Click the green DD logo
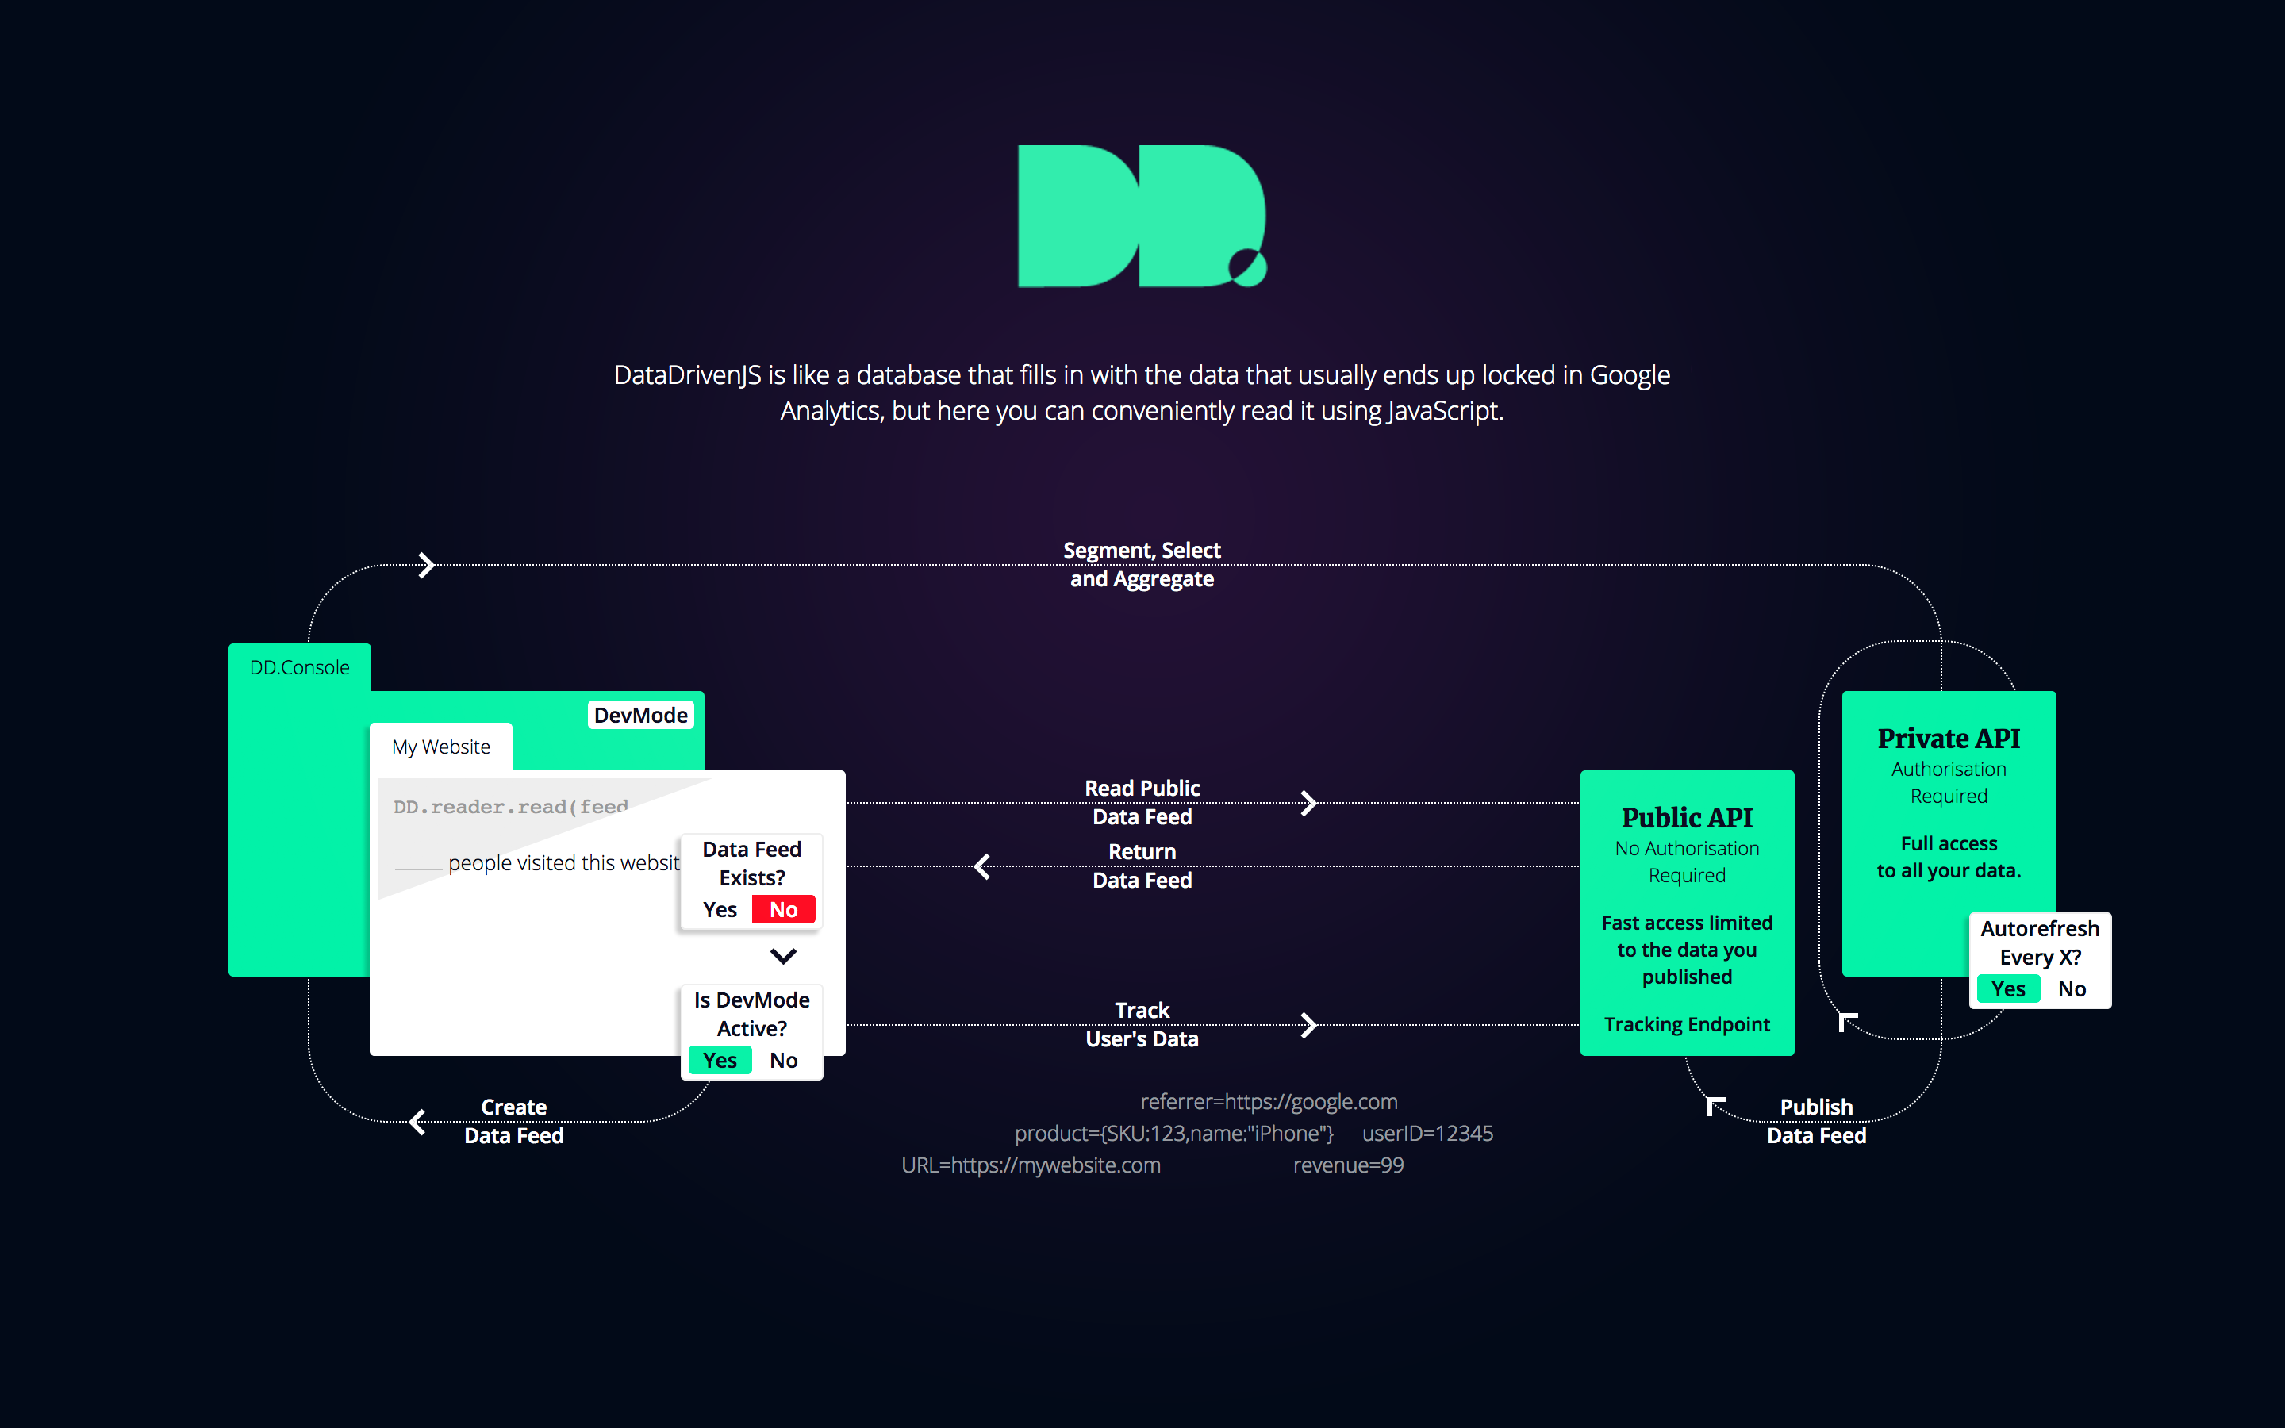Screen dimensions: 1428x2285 point(1141,217)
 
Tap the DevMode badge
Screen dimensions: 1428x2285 point(640,715)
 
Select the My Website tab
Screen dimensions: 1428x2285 point(441,747)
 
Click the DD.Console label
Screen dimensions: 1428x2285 point(299,668)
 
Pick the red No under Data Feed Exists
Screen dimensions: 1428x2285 point(783,909)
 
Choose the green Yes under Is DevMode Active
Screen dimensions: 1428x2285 point(720,1061)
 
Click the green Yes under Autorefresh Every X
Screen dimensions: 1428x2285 point(2007,988)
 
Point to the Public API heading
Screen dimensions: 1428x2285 point(1686,818)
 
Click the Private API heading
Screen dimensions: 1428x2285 point(1948,739)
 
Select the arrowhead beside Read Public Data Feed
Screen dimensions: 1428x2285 point(1308,804)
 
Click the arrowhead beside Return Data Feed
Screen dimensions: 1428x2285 point(983,866)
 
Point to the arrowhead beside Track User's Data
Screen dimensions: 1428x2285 point(1308,1025)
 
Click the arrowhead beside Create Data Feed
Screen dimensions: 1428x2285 point(418,1122)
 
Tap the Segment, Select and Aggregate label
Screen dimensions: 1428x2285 point(1142,565)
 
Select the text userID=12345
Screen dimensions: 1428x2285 point(1427,1134)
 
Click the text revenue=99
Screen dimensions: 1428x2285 point(1347,1165)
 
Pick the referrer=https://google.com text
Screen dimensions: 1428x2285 point(1268,1102)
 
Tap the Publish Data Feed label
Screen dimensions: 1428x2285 point(1816,1121)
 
